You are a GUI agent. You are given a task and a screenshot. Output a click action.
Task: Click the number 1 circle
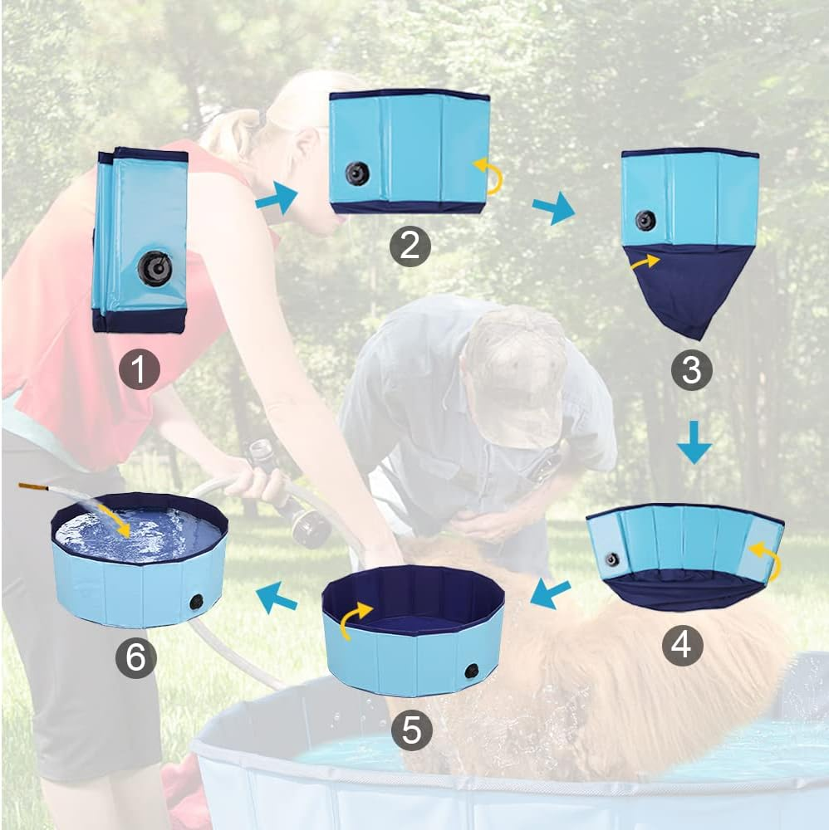click(x=139, y=370)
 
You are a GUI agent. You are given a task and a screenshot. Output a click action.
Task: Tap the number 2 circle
click(x=410, y=246)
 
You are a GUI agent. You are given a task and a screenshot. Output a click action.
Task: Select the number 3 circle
click(x=691, y=370)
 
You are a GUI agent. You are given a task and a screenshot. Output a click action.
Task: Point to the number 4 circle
click(x=682, y=645)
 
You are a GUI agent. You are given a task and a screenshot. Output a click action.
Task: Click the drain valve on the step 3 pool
click(x=645, y=221)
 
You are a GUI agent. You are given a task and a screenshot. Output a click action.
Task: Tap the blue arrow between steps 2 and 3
click(x=554, y=207)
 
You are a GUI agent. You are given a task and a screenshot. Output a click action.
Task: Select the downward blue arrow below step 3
click(x=694, y=448)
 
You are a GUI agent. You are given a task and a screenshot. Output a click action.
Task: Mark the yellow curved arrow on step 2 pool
click(x=489, y=176)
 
